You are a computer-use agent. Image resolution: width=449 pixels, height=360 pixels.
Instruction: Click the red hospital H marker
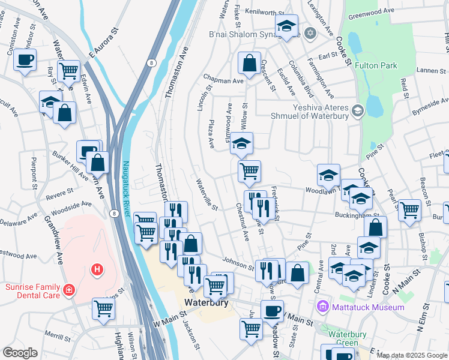[96, 270]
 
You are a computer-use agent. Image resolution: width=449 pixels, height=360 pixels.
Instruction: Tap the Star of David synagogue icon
[310, 32]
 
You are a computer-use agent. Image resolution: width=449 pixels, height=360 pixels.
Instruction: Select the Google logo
[20, 352]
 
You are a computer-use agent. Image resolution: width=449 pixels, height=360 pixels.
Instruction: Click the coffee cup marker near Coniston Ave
[25, 60]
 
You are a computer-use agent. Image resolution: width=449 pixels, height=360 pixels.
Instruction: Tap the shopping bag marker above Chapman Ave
[249, 62]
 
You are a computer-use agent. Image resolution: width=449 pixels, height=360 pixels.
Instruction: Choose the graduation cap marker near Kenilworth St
[287, 26]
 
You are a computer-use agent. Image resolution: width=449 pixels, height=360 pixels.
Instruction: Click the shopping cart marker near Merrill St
[104, 308]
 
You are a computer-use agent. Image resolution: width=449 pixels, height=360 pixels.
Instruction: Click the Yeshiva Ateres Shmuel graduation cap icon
[358, 110]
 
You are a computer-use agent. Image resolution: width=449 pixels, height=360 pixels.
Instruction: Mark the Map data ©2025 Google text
[412, 355]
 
